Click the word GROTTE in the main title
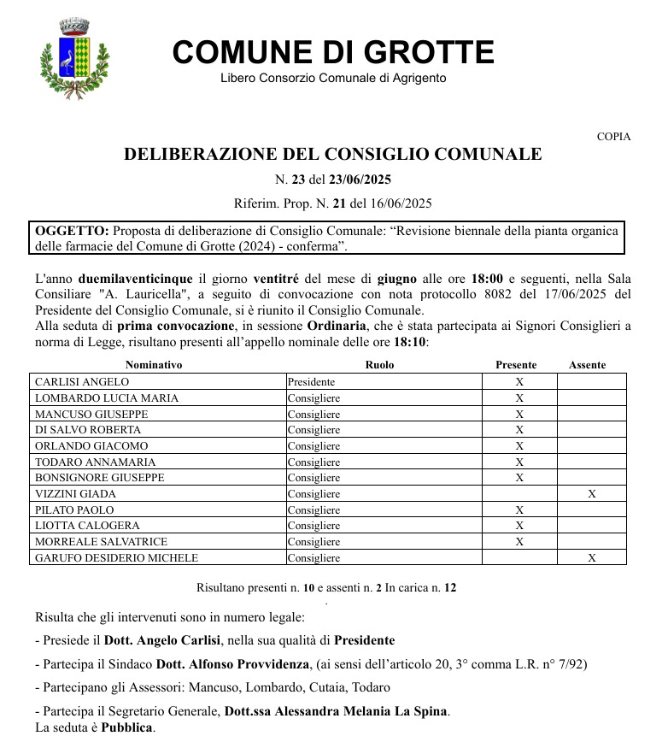click(413, 53)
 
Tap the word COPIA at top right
click(613, 137)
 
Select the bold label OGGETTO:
click(72, 231)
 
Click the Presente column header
click(516, 365)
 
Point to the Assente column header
click(588, 365)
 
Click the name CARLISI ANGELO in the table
click(82, 382)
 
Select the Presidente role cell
click(311, 382)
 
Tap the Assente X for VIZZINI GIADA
click(591, 494)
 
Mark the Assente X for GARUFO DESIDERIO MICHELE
click(591, 558)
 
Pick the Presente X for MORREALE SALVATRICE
click(519, 542)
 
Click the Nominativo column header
click(154, 365)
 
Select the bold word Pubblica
click(127, 727)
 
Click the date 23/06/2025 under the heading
click(360, 180)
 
